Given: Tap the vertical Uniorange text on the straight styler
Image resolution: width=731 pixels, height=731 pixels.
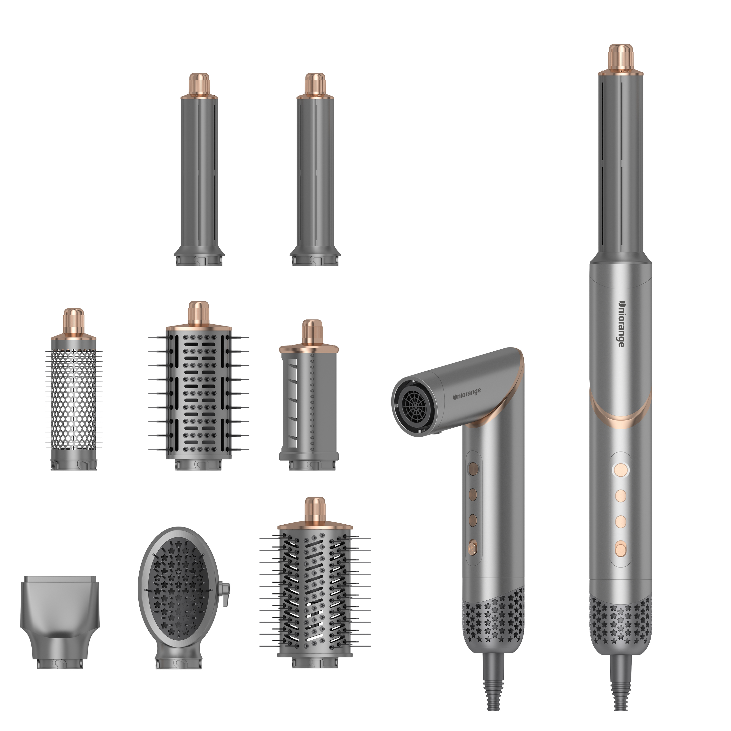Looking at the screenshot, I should (621, 324).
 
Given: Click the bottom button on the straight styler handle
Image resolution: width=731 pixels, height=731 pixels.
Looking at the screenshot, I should (621, 548).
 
